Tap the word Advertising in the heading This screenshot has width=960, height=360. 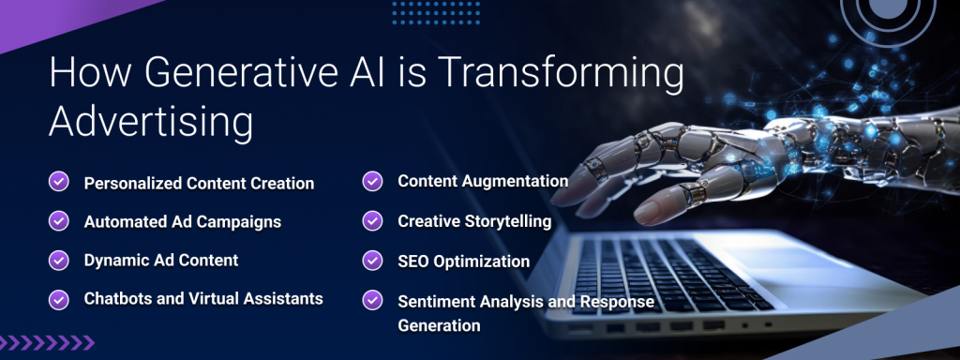click(x=151, y=123)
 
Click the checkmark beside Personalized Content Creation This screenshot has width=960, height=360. click(x=58, y=182)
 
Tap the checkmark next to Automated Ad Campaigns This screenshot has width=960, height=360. click(x=58, y=221)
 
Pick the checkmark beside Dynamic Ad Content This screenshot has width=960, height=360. click(x=58, y=260)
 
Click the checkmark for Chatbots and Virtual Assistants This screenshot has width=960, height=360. click(x=58, y=299)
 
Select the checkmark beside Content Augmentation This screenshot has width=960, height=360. click(x=372, y=180)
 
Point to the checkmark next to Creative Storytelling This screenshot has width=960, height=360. click(x=372, y=220)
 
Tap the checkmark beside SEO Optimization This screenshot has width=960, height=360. click(x=372, y=261)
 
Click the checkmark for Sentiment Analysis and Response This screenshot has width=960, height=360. click(x=372, y=301)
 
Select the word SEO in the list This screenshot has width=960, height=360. click(x=413, y=262)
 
